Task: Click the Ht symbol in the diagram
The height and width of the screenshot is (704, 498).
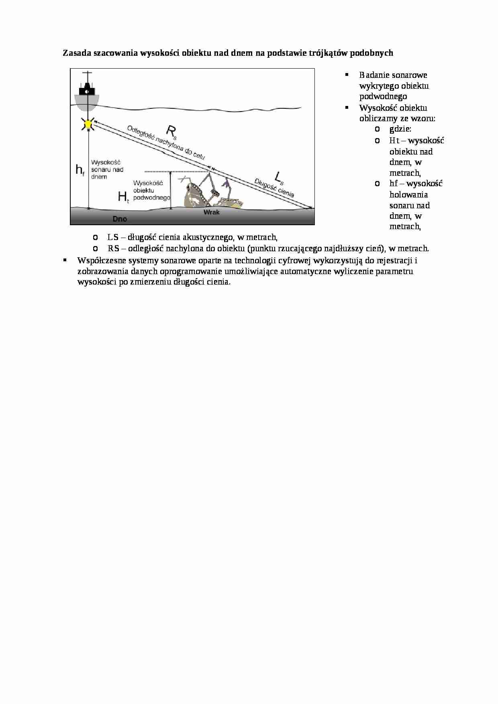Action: coord(123,197)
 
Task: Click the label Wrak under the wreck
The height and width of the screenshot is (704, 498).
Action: coord(212,212)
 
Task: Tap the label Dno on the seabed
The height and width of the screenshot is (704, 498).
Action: coord(120,219)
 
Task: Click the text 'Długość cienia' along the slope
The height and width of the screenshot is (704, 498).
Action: coord(275,187)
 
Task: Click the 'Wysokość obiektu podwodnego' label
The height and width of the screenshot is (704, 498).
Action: coord(151,190)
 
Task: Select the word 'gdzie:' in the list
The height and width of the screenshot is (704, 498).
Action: coord(400,129)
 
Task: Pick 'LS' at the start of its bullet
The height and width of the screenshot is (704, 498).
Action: coord(113,237)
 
